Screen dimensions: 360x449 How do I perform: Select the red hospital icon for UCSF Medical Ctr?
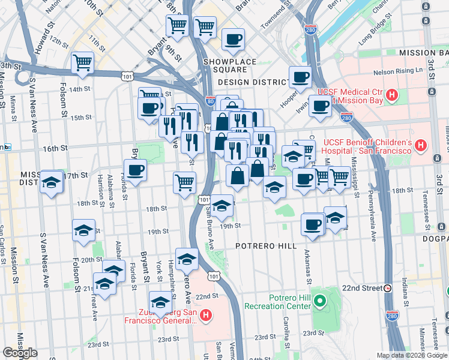392,95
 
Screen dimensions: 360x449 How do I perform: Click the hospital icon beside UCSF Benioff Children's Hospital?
420,145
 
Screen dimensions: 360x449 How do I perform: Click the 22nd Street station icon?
388,288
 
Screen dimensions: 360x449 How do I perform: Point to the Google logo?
20,353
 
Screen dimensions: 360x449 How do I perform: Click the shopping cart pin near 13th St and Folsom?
82,62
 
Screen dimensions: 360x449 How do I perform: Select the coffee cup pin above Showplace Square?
233,40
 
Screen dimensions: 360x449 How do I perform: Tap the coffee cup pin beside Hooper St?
300,77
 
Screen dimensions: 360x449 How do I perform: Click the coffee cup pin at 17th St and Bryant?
136,170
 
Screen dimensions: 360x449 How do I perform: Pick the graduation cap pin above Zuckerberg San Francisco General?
160,302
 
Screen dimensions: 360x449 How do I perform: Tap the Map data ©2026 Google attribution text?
411,355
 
